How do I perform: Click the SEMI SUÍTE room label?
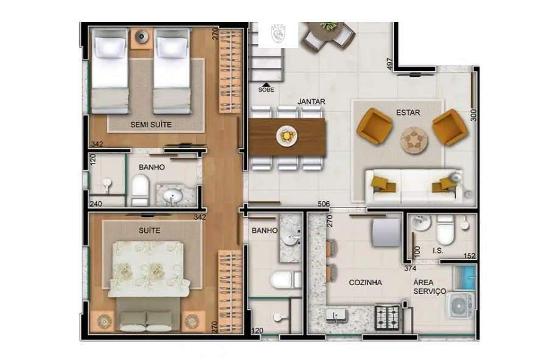click(x=151, y=125)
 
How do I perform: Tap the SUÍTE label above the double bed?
click(x=150, y=230)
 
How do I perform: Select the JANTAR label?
click(x=311, y=102)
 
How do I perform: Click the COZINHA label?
click(x=365, y=283)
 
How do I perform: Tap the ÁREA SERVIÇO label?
click(x=429, y=287)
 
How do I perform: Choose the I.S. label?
click(x=437, y=251)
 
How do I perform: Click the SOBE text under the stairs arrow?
click(x=266, y=90)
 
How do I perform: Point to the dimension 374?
click(x=411, y=268)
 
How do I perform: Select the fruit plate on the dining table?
click(x=286, y=136)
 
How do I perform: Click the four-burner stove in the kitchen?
click(x=387, y=315)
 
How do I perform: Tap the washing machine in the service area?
click(x=461, y=306)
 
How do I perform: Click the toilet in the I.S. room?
click(x=445, y=230)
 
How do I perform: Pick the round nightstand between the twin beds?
click(x=142, y=37)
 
